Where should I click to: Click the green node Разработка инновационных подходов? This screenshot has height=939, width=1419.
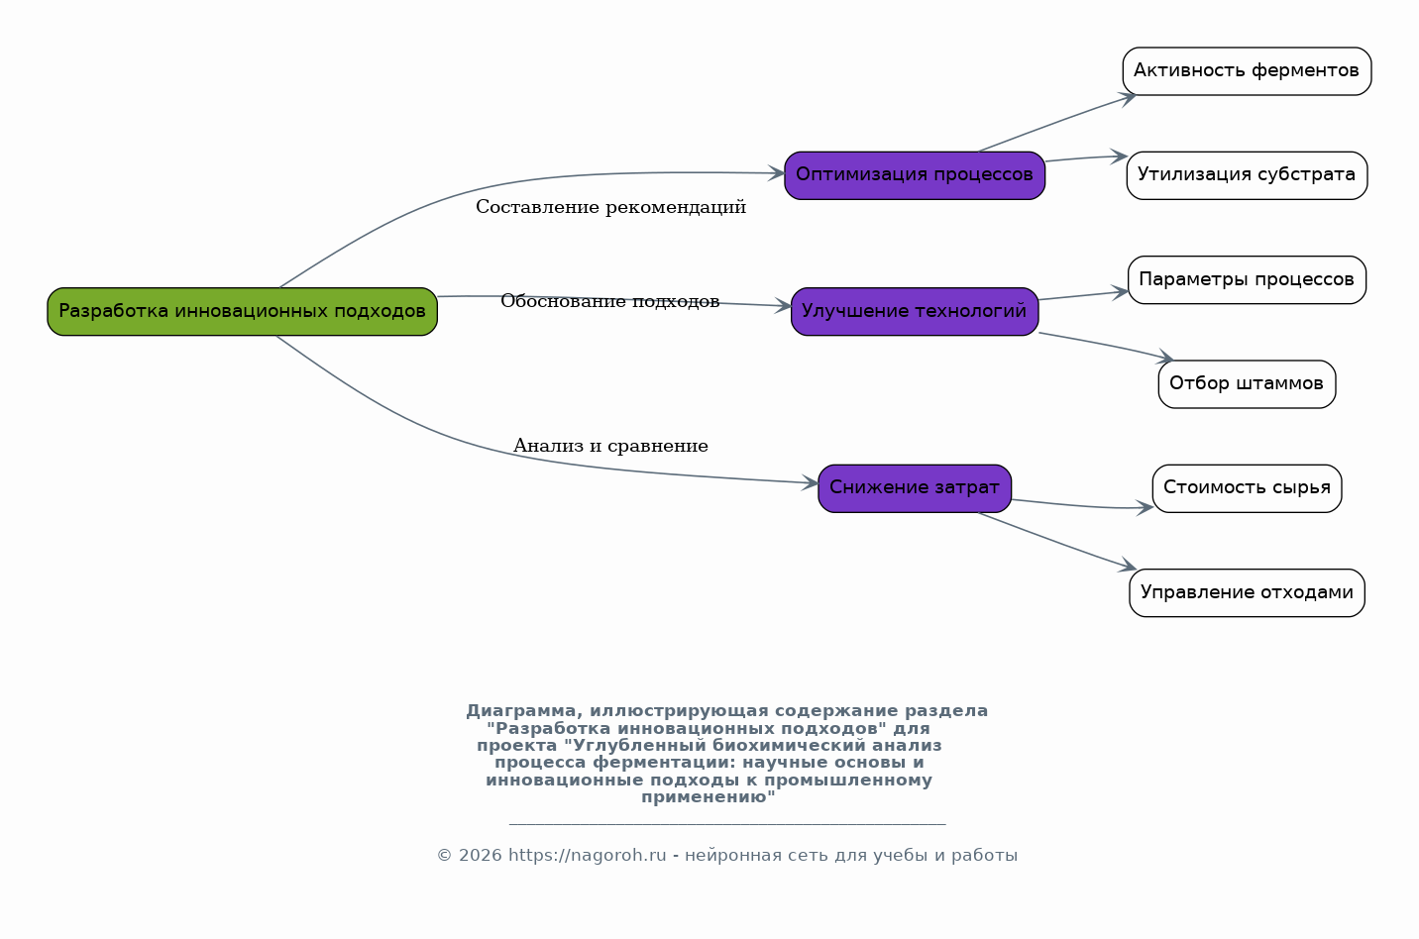[x=242, y=312]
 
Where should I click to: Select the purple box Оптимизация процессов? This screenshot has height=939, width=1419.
[x=914, y=175]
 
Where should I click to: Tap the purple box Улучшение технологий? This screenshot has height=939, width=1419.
[x=914, y=312]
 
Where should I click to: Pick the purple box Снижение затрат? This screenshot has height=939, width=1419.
[x=914, y=488]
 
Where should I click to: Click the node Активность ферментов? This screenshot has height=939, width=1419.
[x=1247, y=71]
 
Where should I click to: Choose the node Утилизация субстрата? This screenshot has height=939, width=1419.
[x=1247, y=175]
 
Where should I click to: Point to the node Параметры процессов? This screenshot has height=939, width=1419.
[x=1247, y=280]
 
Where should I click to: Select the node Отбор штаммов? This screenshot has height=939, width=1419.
[x=1247, y=384]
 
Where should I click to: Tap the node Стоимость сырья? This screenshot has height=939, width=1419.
[x=1247, y=488]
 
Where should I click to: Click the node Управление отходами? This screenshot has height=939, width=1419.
[x=1247, y=592]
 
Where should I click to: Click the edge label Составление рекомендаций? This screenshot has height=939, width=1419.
[x=610, y=207]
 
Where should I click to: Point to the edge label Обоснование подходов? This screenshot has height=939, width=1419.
[x=610, y=301]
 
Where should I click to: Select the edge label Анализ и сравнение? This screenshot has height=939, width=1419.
[x=610, y=446]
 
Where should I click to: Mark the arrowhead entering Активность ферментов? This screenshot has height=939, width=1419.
[x=1129, y=98]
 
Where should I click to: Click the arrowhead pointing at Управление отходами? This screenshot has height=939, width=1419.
[x=1129, y=566]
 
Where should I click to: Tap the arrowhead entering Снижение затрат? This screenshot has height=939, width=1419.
[x=811, y=482]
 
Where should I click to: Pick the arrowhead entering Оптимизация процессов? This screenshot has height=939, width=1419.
[x=777, y=173]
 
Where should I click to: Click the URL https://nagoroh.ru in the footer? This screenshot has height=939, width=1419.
[x=588, y=856]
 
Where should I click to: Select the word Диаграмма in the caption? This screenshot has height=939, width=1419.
[x=524, y=711]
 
